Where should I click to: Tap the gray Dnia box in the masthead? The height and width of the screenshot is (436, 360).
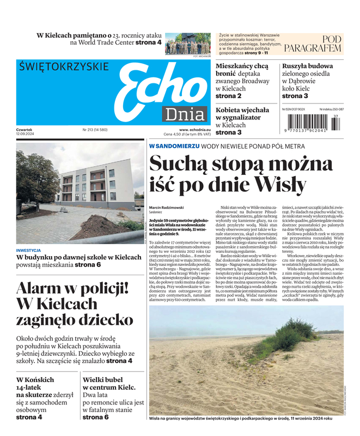coord(185,114)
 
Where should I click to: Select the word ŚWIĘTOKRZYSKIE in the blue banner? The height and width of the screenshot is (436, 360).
coord(64,67)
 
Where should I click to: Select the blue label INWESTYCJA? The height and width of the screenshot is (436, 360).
coord(28,251)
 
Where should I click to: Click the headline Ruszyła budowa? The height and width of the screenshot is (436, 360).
coord(307,66)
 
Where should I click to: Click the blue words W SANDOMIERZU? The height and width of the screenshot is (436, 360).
coord(174,147)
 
